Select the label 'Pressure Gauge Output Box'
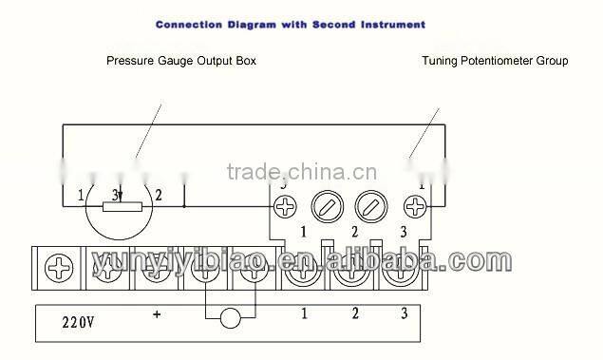(180, 62)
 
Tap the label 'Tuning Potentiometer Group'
(495, 62)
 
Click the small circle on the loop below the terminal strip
(230, 318)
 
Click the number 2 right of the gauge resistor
(159, 196)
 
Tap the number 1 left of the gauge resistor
(81, 197)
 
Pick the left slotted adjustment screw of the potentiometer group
(327, 206)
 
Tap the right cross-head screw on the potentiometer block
(415, 206)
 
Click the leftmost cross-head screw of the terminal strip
(59, 269)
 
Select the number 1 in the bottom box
(304, 313)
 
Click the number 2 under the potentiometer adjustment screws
(353, 233)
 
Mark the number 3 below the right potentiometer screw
(403, 233)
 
